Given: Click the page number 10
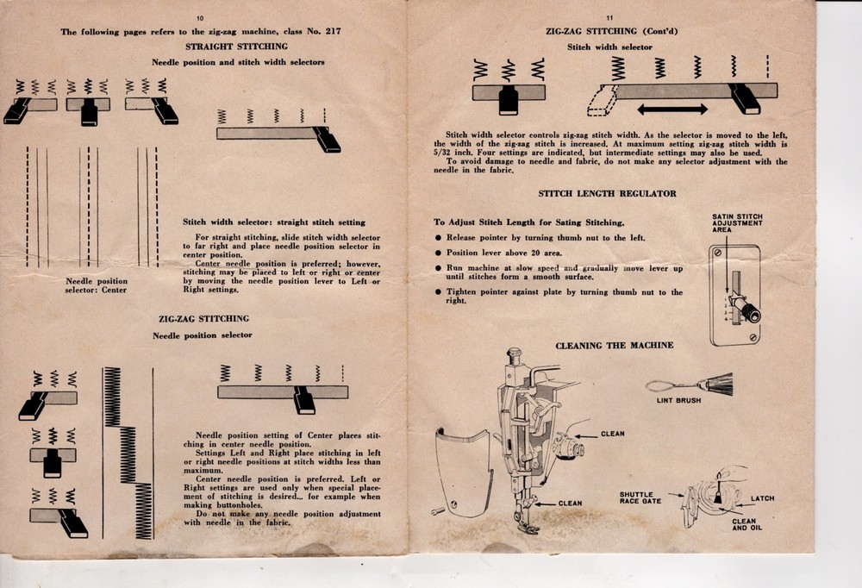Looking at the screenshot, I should [x=200, y=18].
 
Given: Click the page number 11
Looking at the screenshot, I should [x=609, y=17].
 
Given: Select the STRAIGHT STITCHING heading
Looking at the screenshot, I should [x=237, y=46].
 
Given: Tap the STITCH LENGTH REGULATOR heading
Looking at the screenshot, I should [x=607, y=194].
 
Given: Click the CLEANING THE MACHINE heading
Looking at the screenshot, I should [x=615, y=346].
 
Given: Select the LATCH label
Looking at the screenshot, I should [x=762, y=498].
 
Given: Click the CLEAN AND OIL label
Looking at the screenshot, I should [x=744, y=524].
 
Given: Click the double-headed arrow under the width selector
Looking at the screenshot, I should [x=673, y=109].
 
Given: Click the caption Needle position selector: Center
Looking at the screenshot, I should [x=96, y=285].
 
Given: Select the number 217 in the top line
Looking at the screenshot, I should [x=334, y=32].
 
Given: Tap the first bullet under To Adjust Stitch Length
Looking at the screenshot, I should [x=439, y=238].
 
